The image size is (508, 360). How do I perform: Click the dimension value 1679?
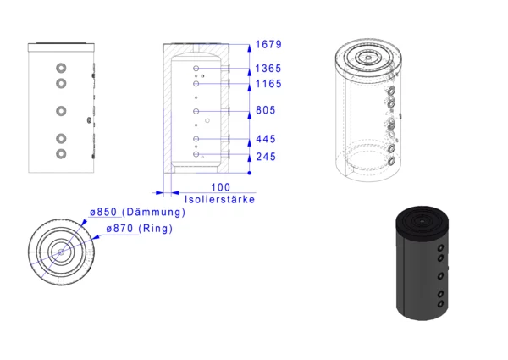click(268, 44)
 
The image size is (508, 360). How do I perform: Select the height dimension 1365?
click(268, 69)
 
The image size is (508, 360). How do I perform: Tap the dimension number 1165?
click(268, 84)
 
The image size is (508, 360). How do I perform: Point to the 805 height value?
click(266, 110)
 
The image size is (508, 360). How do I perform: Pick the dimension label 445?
click(266, 139)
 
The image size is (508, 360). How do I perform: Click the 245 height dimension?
click(266, 157)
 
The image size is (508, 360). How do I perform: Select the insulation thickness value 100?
click(221, 187)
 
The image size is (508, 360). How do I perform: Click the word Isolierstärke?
click(219, 199)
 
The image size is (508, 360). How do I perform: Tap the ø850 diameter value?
click(103, 212)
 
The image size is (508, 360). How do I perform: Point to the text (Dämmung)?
click(154, 213)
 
